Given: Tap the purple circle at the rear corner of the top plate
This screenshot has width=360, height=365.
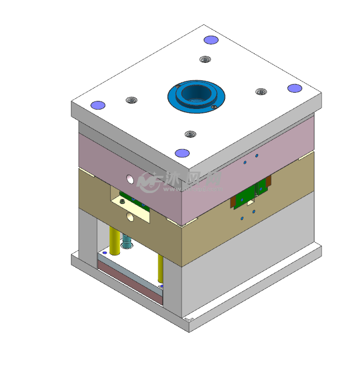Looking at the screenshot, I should pyautogui.click(x=210, y=40).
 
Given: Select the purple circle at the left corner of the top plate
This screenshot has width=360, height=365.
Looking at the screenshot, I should pyautogui.click(x=98, y=105).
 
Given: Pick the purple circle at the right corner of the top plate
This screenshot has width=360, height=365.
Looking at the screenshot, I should pyautogui.click(x=294, y=88).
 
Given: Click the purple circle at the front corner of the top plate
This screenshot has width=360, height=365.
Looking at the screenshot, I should pyautogui.click(x=183, y=153).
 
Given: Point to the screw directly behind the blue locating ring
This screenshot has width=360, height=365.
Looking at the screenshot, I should pyautogui.click(x=204, y=59).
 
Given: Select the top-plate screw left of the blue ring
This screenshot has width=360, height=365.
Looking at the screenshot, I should pyautogui.click(x=131, y=100).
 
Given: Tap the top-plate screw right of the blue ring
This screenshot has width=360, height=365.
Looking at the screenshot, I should pyautogui.click(x=261, y=92).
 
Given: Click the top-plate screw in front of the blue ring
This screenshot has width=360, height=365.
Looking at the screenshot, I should pyautogui.click(x=189, y=134).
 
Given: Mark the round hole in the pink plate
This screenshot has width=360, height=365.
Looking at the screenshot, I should pyautogui.click(x=130, y=177).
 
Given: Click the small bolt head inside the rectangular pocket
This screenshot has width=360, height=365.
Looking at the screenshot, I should pyautogui.click(x=123, y=201).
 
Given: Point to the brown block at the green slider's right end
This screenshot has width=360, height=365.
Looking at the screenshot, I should pyautogui.click(x=268, y=184).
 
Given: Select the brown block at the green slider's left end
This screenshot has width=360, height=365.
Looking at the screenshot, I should pyautogui.click(x=232, y=202).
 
